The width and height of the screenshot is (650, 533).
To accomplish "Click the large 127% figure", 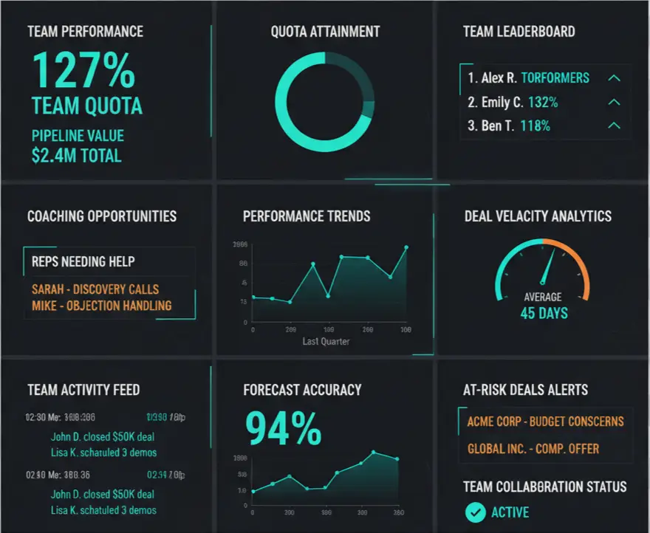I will [x=83, y=70].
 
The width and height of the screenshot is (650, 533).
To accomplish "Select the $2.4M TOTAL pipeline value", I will [x=77, y=155].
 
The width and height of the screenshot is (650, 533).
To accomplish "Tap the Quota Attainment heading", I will [x=325, y=32].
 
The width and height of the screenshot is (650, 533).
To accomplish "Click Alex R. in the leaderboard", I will [x=499, y=78].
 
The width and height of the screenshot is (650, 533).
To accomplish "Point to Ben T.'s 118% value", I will [x=535, y=125].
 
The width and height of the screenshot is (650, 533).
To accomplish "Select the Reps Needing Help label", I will [x=83, y=261].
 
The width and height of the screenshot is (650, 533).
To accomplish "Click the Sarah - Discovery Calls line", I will [x=95, y=289].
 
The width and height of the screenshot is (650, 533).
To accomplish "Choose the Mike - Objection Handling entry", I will [x=102, y=305].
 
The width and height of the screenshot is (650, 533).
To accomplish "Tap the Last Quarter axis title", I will [x=326, y=342].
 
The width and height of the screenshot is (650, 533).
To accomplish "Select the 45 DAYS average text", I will [x=544, y=313].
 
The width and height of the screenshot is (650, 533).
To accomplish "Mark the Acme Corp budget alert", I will [x=545, y=422].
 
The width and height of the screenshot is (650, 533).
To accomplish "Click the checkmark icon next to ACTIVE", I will [x=475, y=511].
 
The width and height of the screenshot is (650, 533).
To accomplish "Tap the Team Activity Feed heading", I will [x=83, y=390].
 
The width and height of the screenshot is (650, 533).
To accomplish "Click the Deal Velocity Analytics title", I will [x=538, y=216].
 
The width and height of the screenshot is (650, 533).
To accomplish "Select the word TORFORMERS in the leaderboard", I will [x=555, y=78].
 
